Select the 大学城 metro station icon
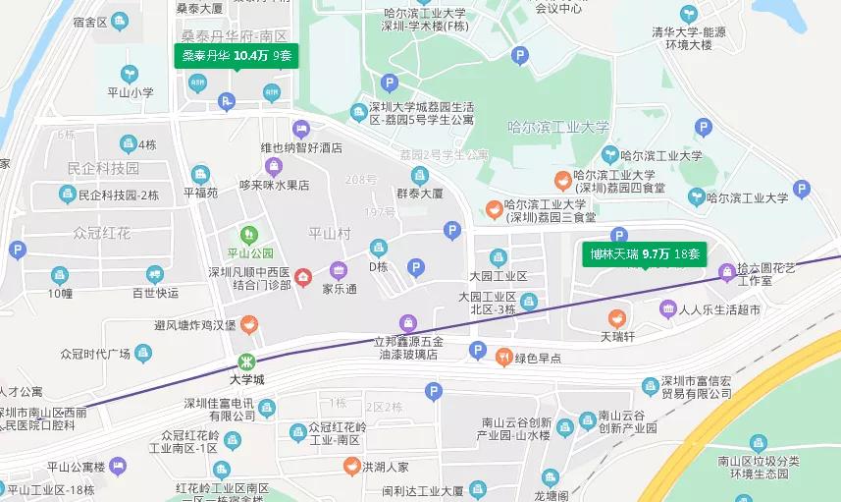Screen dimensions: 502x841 pyautogui.click(x=247, y=361)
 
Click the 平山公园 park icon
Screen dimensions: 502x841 pyautogui.click(x=248, y=234)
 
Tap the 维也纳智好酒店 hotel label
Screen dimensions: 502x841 pyautogui.click(x=300, y=148)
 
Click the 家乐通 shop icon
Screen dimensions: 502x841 pyautogui.click(x=339, y=270)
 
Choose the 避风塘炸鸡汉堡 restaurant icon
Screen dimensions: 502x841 pyautogui.click(x=249, y=324)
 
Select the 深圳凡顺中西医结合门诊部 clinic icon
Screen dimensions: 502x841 pyautogui.click(x=303, y=278)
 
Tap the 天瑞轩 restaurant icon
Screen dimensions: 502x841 pyautogui.click(x=617, y=317)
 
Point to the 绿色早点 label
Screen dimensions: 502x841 pyautogui.click(x=538, y=359)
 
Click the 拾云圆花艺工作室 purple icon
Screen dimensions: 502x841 pyautogui.click(x=726, y=271)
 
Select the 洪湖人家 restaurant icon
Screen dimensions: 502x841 pyautogui.click(x=350, y=466)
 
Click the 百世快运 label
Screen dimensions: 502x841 pyautogui.click(x=155, y=293)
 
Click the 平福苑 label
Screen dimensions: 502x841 pyautogui.click(x=200, y=194)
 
